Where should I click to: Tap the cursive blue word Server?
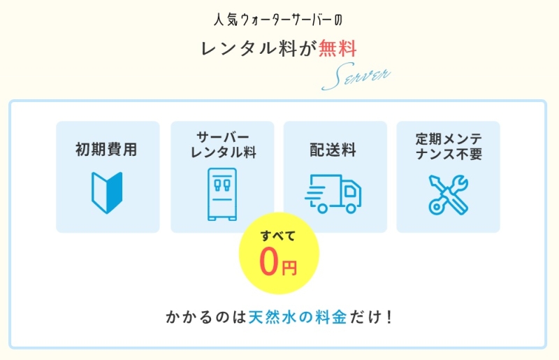coord(356,77)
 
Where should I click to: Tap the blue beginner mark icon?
coord(107,192)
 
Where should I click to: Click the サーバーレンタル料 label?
coord(222,143)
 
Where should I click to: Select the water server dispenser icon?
coord(222,194)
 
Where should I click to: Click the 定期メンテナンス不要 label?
coord(448,143)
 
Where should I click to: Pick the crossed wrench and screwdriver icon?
coord(448,194)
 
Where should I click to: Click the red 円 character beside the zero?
coord(289,267)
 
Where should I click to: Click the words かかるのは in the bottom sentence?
coord(206,317)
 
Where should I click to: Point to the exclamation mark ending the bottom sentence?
coord(389,317)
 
